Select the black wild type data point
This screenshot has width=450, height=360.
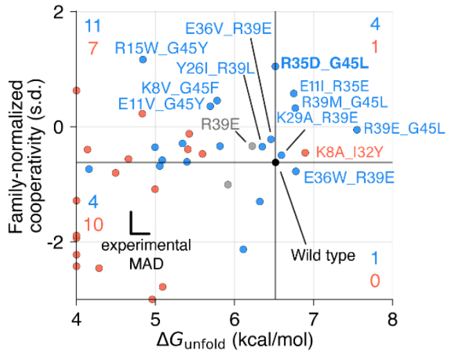click(x=276, y=162)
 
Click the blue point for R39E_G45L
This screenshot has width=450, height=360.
click(x=357, y=129)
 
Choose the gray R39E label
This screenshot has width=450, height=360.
click(x=220, y=125)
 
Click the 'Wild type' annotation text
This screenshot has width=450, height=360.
click(x=323, y=255)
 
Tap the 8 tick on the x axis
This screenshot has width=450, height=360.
click(x=393, y=321)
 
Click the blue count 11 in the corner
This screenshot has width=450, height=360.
click(x=93, y=27)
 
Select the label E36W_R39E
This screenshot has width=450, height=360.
click(x=349, y=177)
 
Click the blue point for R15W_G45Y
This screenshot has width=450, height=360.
click(x=143, y=60)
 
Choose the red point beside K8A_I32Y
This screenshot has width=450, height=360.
click(x=305, y=152)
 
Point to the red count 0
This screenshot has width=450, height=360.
click(x=375, y=280)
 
